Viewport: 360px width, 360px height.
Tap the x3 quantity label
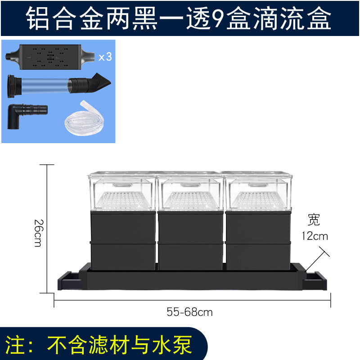point(104,57)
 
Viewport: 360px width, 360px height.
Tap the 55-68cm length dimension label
point(189,311)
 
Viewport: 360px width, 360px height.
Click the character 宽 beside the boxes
point(314,220)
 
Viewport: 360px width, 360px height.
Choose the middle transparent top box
point(190,191)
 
